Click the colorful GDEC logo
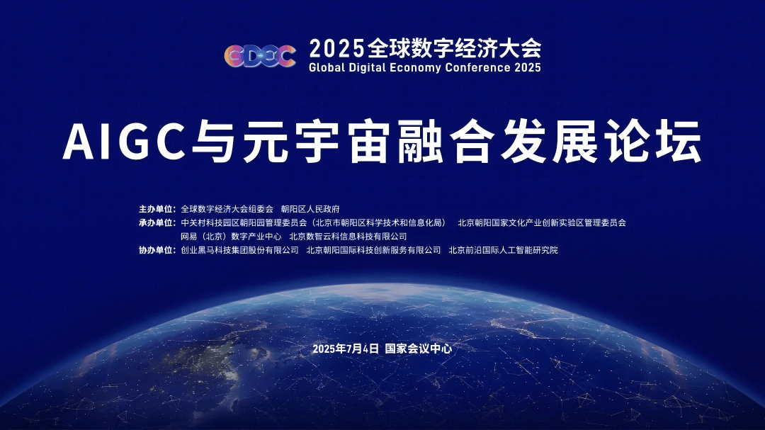tap(260, 56)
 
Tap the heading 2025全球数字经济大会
tap(425, 48)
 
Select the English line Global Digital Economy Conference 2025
tap(425, 68)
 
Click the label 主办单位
tap(157, 209)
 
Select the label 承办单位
tap(157, 222)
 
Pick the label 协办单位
tap(157, 250)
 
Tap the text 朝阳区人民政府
tap(310, 209)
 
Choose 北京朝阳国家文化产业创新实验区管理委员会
tap(542, 222)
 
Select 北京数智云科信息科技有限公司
tap(348, 237)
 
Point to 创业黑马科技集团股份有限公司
tap(240, 250)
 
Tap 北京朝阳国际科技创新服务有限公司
tap(373, 250)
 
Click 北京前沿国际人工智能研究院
tap(503, 250)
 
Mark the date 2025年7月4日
tap(346, 349)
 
